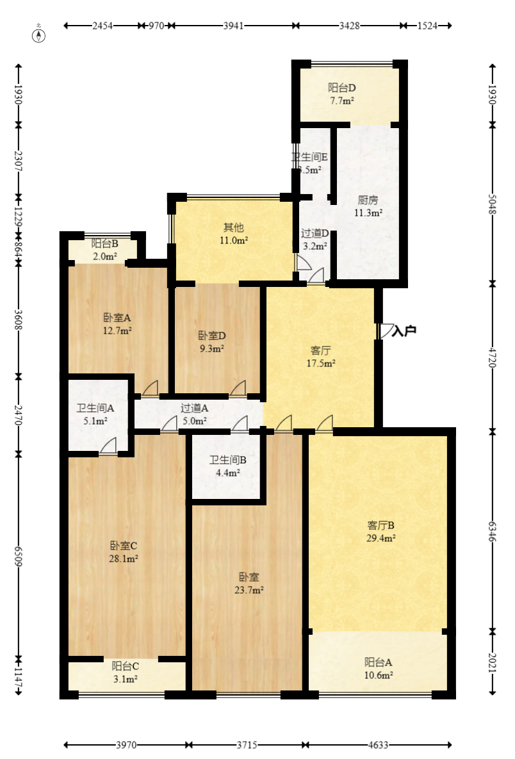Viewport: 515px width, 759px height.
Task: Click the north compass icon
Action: pos(40,34)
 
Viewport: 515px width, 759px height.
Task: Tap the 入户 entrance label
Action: pos(405,331)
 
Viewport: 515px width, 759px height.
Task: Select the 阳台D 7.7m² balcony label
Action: pos(342,94)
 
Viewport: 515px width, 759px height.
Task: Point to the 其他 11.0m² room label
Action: pos(234,234)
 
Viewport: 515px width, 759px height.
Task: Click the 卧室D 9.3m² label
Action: pos(211,342)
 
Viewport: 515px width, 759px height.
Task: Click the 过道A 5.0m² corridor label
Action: pos(194,414)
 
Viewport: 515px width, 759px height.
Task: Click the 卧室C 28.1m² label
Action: pos(124,552)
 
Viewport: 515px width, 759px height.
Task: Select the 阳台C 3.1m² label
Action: pos(125,672)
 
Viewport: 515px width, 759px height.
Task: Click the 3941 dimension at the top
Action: pos(233,26)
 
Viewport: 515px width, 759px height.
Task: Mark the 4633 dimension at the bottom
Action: pos(378,745)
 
